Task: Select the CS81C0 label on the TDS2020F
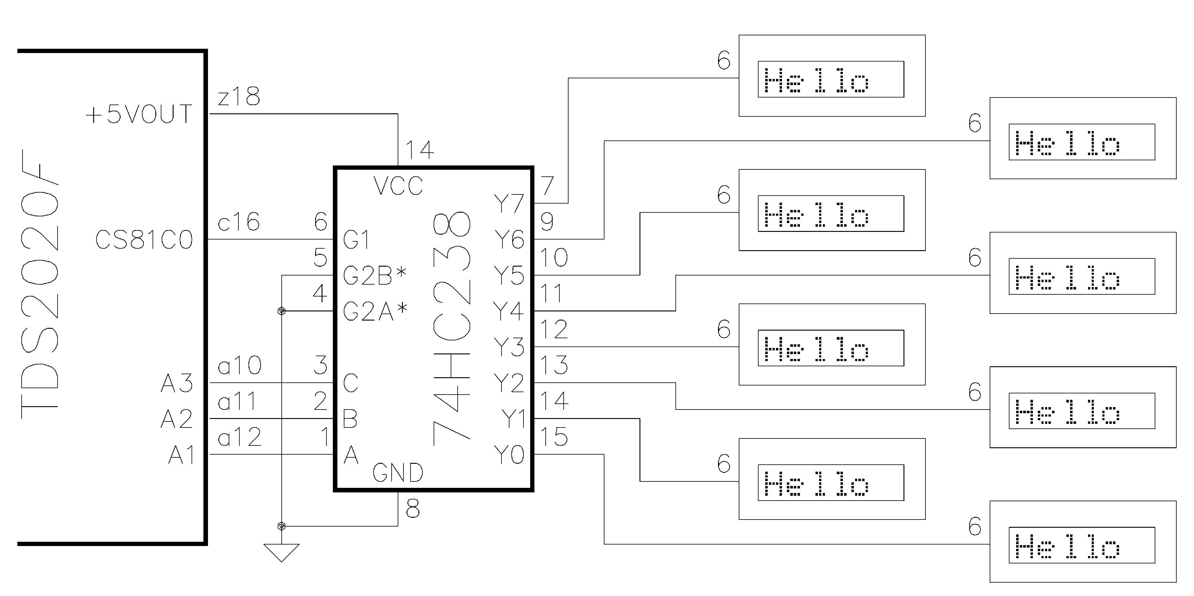[x=144, y=240]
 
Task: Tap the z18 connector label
[x=239, y=97]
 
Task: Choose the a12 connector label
[x=239, y=437]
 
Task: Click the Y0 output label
[x=509, y=455]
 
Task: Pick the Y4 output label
[x=509, y=311]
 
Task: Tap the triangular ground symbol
[x=281, y=552]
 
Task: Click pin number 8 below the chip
[x=413, y=509]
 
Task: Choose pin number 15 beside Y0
[x=554, y=437]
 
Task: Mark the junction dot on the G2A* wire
[x=281, y=311]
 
